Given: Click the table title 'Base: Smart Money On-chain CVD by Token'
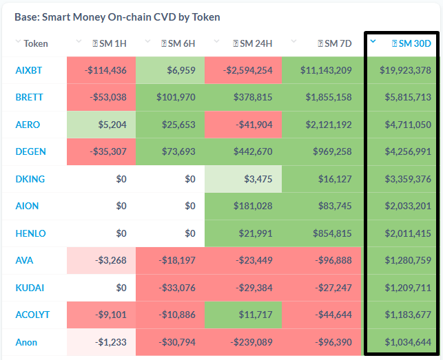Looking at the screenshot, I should (117, 17).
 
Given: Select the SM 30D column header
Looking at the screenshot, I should (411, 43).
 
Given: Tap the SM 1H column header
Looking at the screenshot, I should (110, 43).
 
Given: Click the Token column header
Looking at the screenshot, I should (36, 43).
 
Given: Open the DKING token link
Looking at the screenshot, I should (30, 179).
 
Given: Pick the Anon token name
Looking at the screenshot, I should (26, 342).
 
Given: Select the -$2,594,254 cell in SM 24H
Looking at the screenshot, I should (243, 70).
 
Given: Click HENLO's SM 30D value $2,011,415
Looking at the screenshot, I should (402, 233).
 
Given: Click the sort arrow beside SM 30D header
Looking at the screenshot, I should (373, 41).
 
